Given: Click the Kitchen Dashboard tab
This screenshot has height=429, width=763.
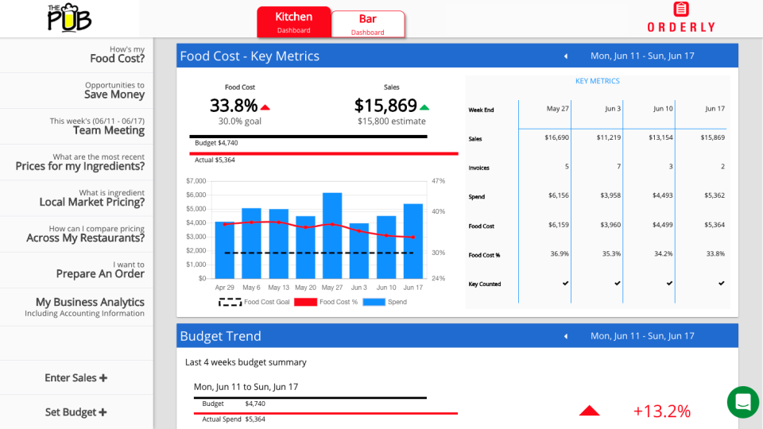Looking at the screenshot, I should coord(293,22).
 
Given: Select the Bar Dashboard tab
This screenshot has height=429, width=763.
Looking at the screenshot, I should coord(368,24).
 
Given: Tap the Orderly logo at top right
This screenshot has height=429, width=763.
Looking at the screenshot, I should coord(680,17).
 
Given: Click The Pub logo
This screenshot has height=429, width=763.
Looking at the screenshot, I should coord(69,17).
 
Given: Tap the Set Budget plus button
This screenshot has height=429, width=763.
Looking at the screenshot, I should coord(76,412).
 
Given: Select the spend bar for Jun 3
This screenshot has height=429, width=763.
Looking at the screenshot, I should coord(359,250).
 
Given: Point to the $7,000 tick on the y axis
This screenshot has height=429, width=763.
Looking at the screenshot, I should coord(196,181).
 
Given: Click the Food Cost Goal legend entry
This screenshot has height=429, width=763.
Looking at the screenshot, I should coord(254,302).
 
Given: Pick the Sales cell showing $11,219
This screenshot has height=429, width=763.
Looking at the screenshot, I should coord(609,137).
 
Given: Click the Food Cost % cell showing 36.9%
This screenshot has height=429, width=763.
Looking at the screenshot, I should coord(560,254).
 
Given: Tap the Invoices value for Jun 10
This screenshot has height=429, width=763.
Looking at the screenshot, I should coord(670,167).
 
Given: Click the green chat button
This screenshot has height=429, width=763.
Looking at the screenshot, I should coord(743,402).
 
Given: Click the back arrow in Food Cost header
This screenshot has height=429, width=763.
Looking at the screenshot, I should coord(566,56).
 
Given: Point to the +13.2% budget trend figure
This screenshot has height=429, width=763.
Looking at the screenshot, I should coord(661,411).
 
